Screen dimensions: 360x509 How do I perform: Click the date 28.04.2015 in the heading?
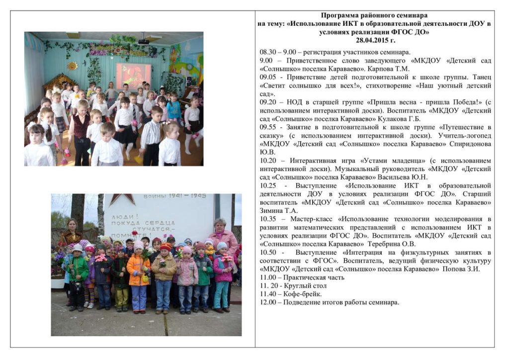pos(375,40)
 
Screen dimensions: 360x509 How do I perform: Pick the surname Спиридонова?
pos(465,144)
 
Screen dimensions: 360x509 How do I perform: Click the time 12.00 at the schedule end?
pos(268,302)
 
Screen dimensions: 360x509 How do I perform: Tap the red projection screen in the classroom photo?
pos(133,75)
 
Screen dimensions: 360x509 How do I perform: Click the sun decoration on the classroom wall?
pos(73,66)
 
